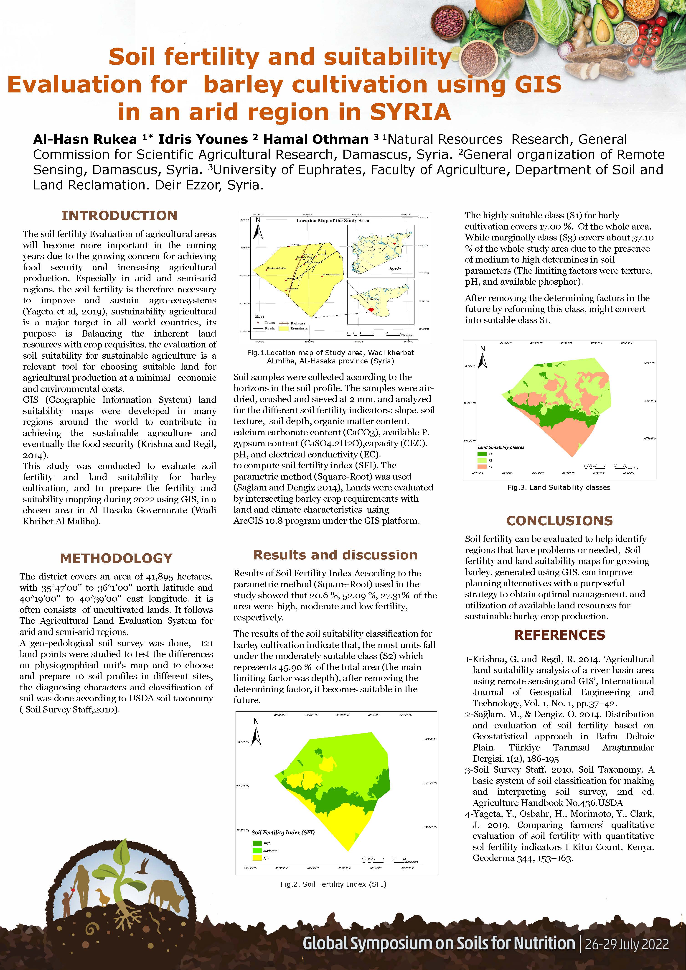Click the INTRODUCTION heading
pos(119,216)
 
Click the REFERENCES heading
pos(559,635)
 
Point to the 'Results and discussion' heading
pos(335,555)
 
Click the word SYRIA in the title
pos(411,112)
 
